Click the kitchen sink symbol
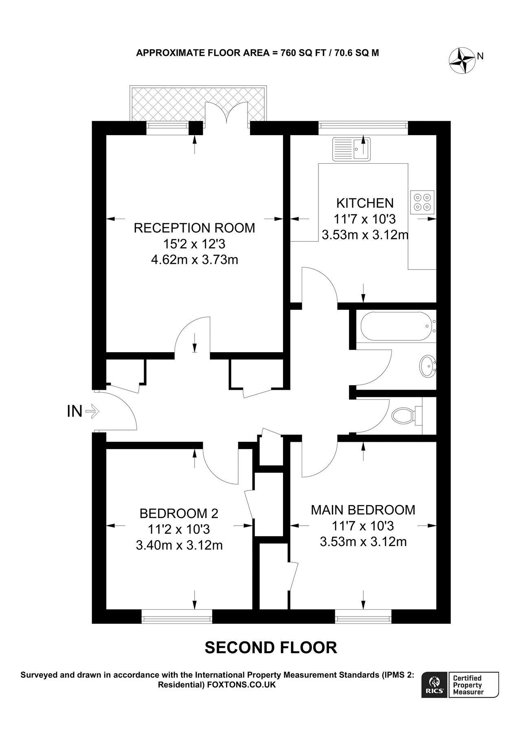(x=351, y=149)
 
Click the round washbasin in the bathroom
(x=427, y=366)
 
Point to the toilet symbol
(x=403, y=416)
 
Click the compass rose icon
(x=462, y=61)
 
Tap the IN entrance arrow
(x=93, y=411)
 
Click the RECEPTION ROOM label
(x=194, y=228)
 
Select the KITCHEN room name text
(x=364, y=203)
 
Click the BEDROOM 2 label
(x=179, y=513)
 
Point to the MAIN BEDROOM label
(x=363, y=510)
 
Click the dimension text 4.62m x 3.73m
(x=194, y=259)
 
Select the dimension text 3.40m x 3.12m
(x=179, y=545)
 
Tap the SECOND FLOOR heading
(x=270, y=647)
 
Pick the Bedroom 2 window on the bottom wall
(x=177, y=616)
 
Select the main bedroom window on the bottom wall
(x=363, y=616)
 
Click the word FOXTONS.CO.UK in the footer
(x=241, y=685)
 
